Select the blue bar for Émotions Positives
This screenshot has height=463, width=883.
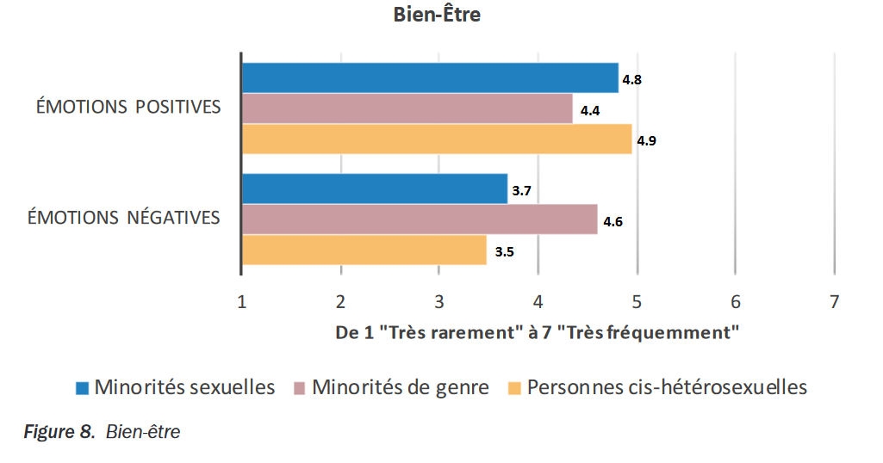click(430, 77)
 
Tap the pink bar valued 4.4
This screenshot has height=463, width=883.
click(407, 108)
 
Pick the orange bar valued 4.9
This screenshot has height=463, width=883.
click(437, 139)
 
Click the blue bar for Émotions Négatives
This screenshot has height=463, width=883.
click(375, 189)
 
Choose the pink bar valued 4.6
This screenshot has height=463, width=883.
click(420, 219)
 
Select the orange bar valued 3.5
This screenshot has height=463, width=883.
click(364, 250)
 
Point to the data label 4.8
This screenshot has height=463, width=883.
click(632, 79)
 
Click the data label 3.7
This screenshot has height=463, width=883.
click(521, 191)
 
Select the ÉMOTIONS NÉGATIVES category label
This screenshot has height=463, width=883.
click(124, 218)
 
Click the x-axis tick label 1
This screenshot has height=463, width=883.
click(242, 302)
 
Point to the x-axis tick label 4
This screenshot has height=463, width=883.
click(538, 302)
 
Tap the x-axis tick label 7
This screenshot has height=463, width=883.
click(833, 302)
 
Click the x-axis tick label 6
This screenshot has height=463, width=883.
click(735, 302)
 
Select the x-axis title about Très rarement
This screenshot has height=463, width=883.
click(538, 333)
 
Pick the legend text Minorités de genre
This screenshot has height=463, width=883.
click(400, 387)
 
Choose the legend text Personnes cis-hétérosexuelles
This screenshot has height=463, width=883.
click(667, 387)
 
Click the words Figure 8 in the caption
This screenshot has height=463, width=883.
click(53, 432)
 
